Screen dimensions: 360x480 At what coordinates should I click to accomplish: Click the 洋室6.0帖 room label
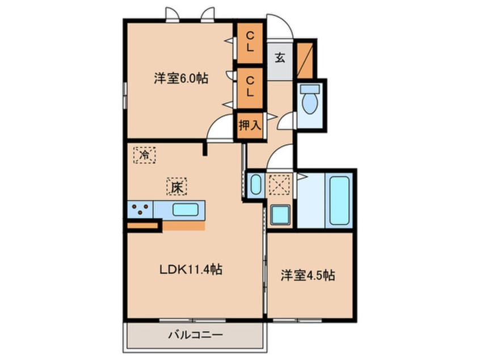pyautogui.click(x=180, y=79)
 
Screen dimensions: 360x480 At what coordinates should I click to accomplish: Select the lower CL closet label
pyautogui.click(x=250, y=87)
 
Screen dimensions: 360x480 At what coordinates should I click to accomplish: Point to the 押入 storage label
pyautogui.click(x=249, y=126)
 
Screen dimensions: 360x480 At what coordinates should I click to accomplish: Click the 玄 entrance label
pyautogui.click(x=280, y=57)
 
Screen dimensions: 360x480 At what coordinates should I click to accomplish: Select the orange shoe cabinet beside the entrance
pyautogui.click(x=305, y=60)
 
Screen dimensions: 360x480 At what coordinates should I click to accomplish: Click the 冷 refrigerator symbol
pyautogui.click(x=145, y=154)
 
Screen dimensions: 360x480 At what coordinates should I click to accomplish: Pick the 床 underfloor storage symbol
pyautogui.click(x=176, y=186)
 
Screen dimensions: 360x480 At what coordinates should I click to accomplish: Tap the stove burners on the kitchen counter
pyautogui.click(x=140, y=210)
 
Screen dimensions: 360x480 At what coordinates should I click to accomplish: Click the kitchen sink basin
pyautogui.click(x=185, y=210)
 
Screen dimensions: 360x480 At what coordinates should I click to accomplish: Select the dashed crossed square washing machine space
pyautogui.click(x=279, y=185)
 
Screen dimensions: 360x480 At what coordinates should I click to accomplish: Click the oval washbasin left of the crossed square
pyautogui.click(x=255, y=185)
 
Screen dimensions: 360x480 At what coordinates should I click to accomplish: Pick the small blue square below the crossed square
pyautogui.click(x=279, y=215)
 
